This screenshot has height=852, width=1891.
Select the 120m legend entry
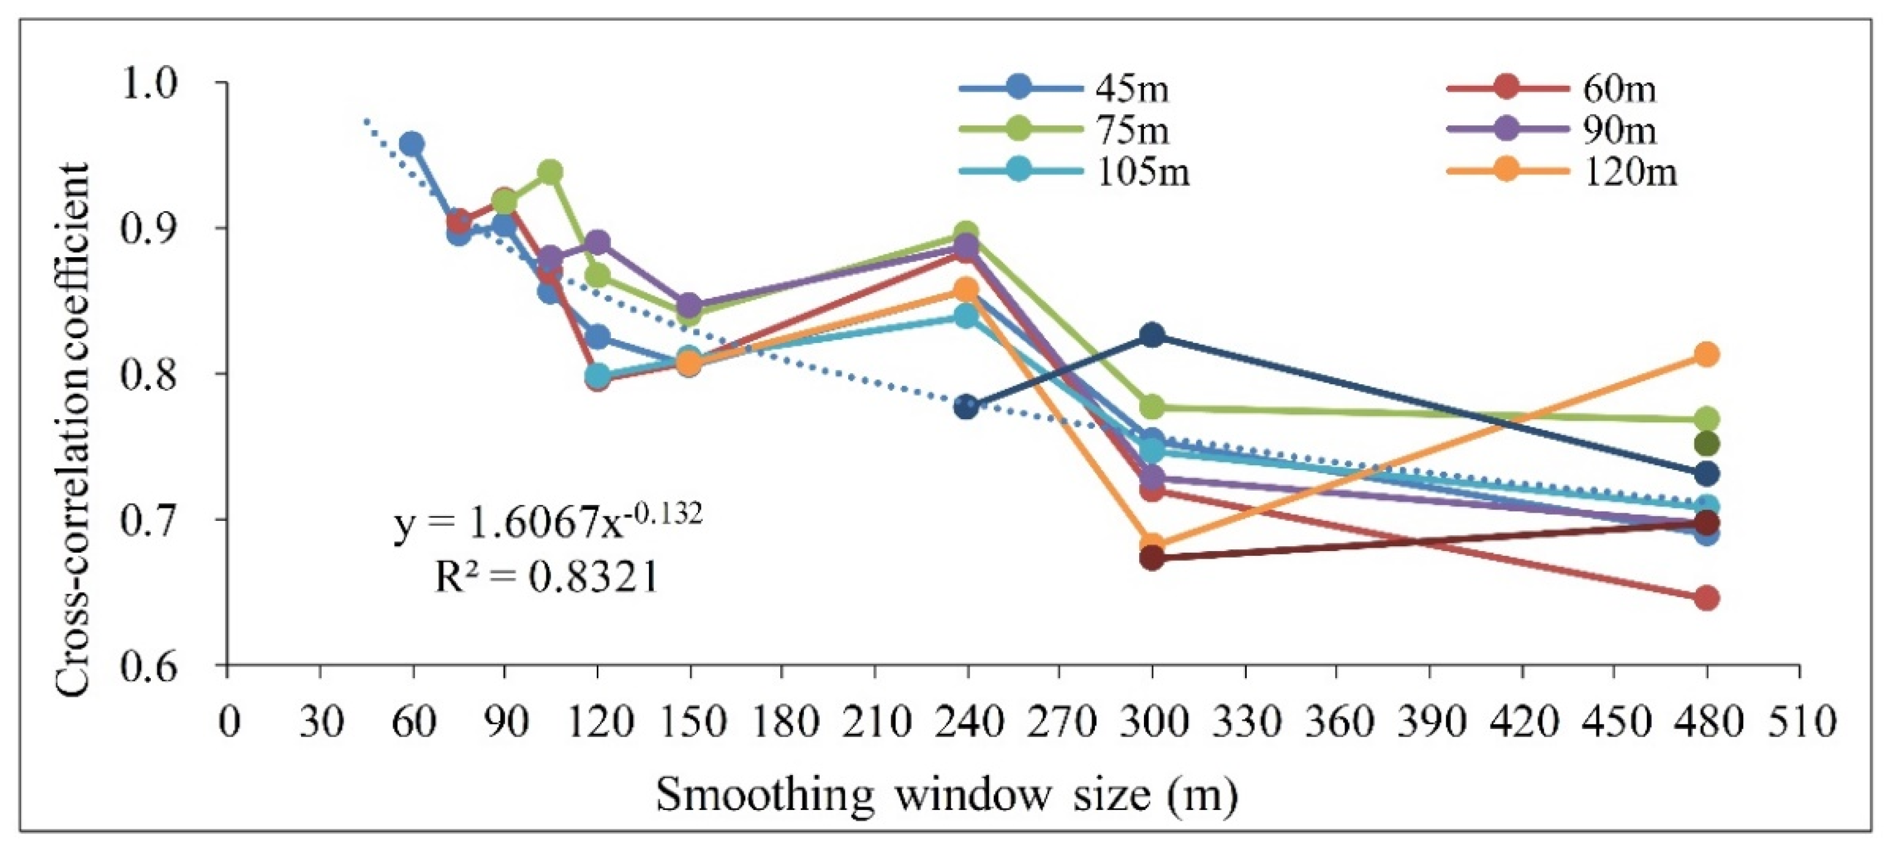pyautogui.click(x=1563, y=173)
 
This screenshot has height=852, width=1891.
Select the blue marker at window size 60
pyautogui.click(x=412, y=144)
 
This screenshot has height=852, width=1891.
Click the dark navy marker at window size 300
pyautogui.click(x=1152, y=335)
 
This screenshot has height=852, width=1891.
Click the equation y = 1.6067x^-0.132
pyautogui.click(x=548, y=521)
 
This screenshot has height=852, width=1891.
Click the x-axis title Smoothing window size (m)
pyautogui.click(x=947, y=794)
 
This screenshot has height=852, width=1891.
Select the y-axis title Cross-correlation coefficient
pyautogui.click(x=73, y=429)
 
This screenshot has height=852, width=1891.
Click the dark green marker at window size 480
pyautogui.click(x=1706, y=444)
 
